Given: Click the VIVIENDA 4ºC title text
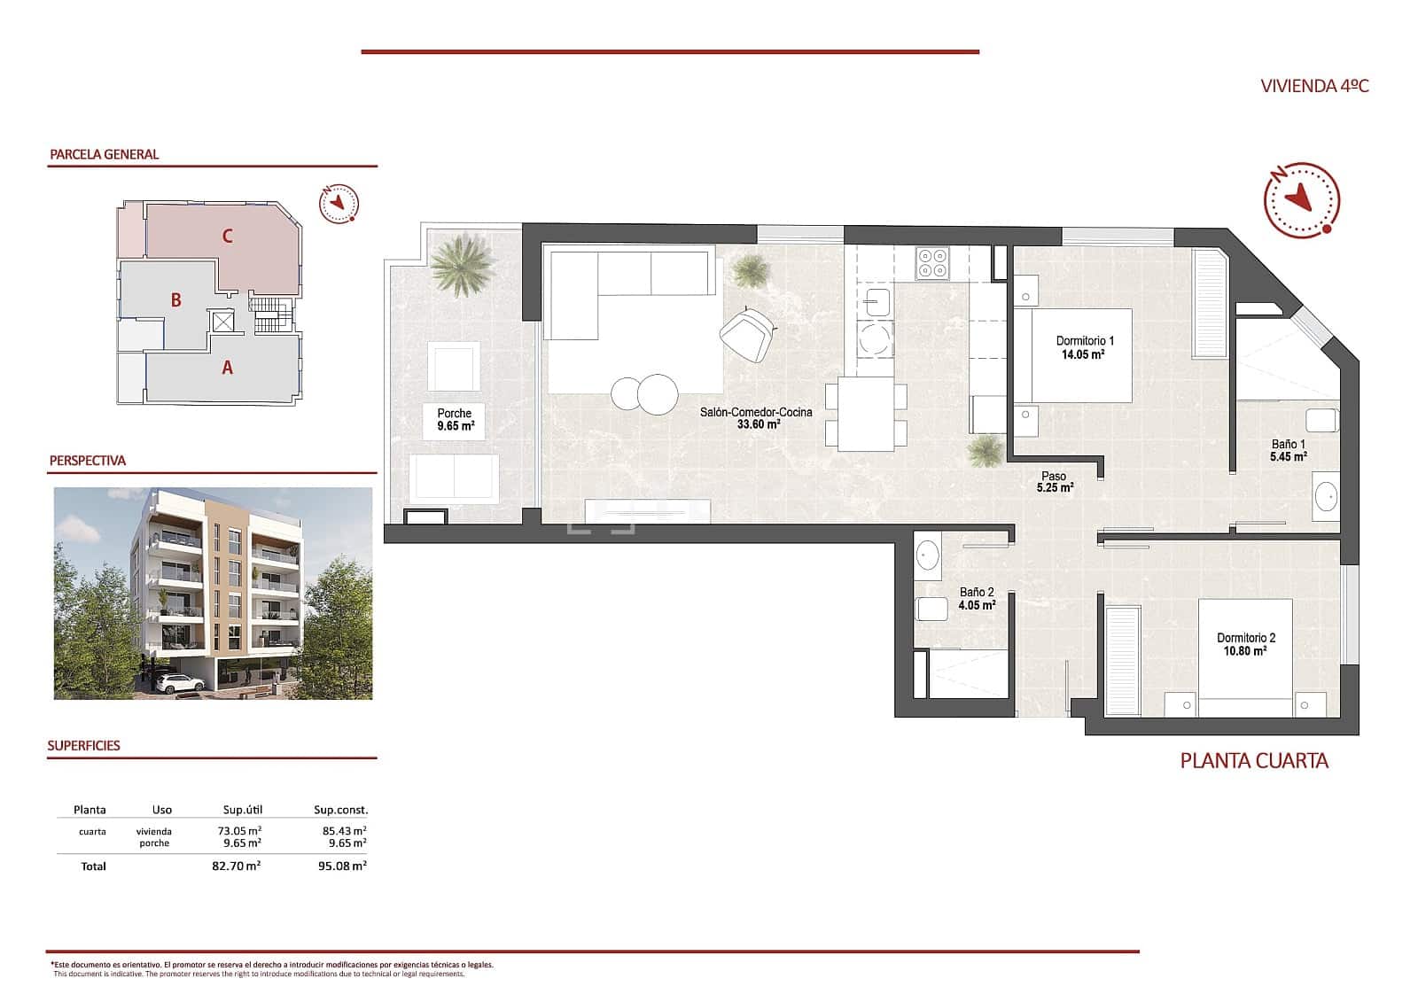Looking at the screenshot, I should pos(1314,86).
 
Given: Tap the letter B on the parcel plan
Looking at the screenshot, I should pos(175,300).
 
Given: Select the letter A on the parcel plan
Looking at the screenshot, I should pos(227,367).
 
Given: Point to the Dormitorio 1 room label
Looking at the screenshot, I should pos(1084,341).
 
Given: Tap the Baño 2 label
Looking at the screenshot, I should pos(977,593).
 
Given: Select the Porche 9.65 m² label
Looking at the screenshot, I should pos(455,419).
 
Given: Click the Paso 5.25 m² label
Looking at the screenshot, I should pos(1055,482).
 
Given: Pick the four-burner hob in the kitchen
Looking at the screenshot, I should pos(932,261).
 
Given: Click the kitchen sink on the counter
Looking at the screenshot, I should pos(878,303).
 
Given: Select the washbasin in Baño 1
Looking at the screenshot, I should pos(1327,496).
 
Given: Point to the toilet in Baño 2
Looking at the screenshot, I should pos(931,609).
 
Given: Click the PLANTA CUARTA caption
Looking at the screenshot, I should pos(1253,760).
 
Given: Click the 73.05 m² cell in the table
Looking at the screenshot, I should pos(239,831).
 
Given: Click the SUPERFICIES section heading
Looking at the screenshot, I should pos(83,746).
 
